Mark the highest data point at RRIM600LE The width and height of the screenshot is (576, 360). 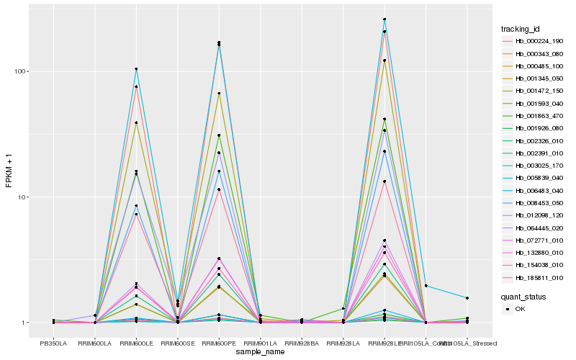(x=136, y=69)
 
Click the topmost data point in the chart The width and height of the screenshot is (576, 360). (x=384, y=19)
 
